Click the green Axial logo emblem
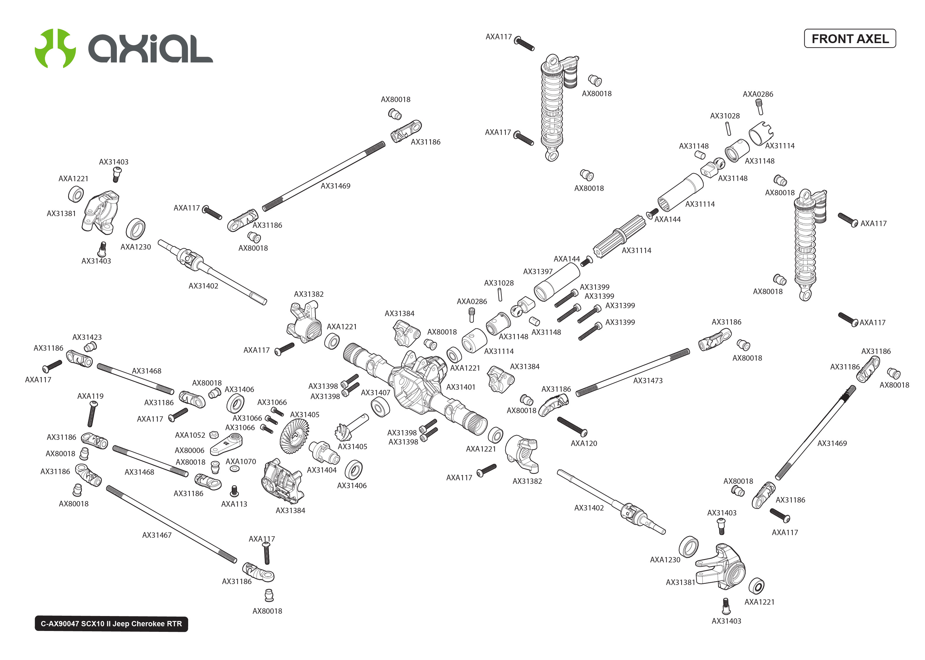pyautogui.click(x=55, y=48)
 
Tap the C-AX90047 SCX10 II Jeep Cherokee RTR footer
pyautogui.click(x=111, y=623)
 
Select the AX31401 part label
pyautogui.click(x=461, y=387)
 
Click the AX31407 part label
pyautogui.click(x=375, y=393)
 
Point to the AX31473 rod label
pyautogui.click(x=648, y=380)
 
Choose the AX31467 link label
pyautogui.click(x=156, y=535)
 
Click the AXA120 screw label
pyautogui.click(x=584, y=443)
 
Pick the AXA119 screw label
pyautogui.click(x=90, y=396)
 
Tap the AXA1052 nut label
pyautogui.click(x=190, y=435)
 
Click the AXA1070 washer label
pyautogui.click(x=241, y=461)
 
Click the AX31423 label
pyautogui.click(x=87, y=337)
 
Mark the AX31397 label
pyautogui.click(x=538, y=272)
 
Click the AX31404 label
pyautogui.click(x=322, y=470)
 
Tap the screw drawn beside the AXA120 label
pyautogui.click(x=572, y=425)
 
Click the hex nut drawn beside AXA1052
pyautogui.click(x=213, y=435)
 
